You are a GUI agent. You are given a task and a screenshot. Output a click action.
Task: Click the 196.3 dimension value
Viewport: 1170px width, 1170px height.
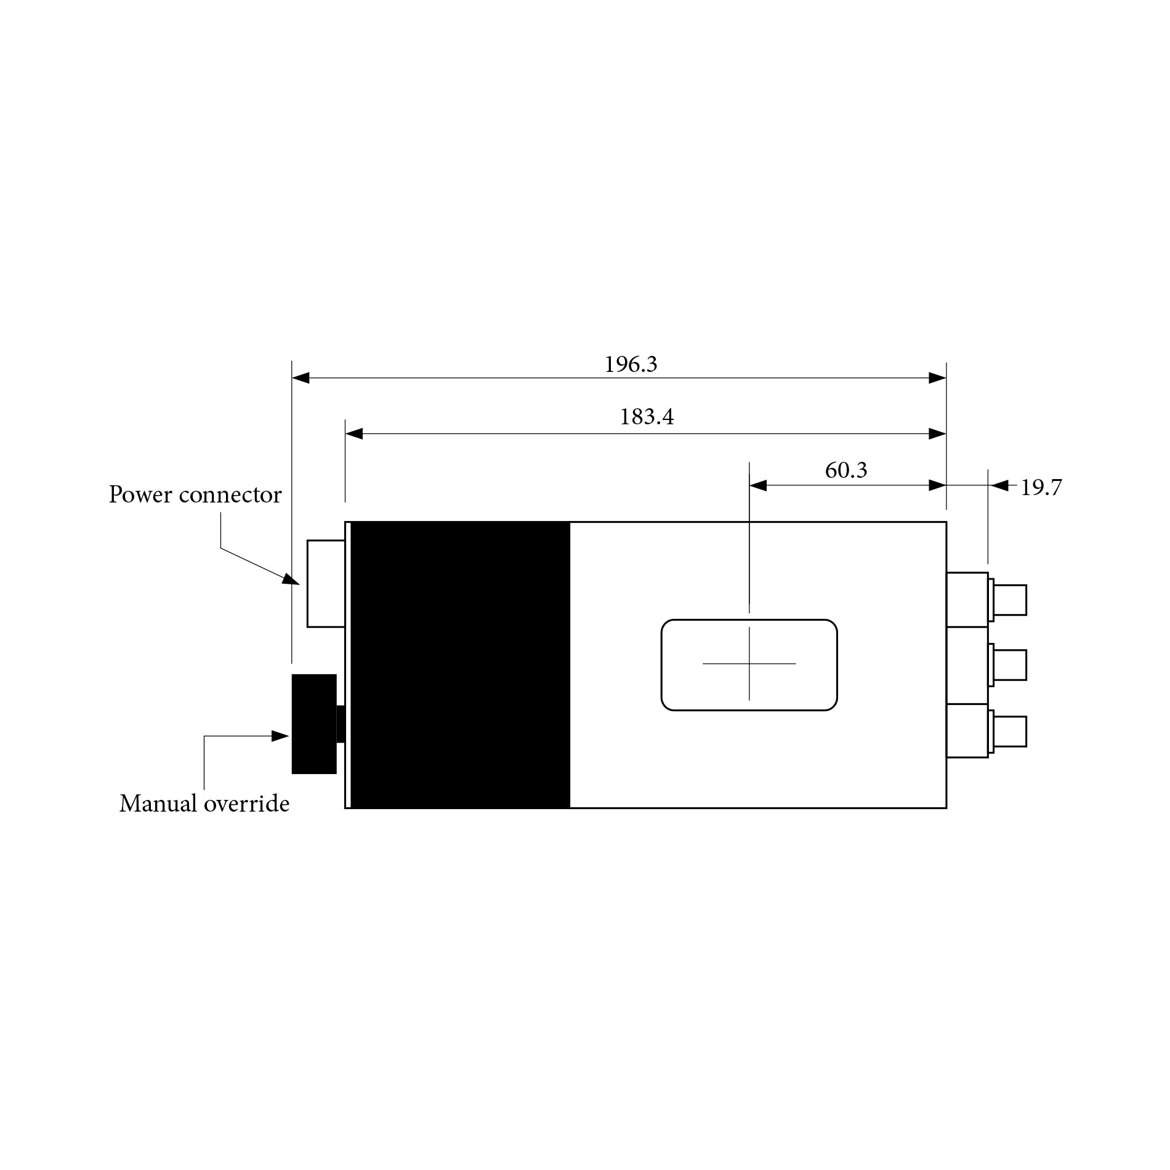(631, 365)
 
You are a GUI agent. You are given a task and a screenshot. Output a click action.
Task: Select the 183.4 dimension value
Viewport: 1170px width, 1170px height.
(646, 418)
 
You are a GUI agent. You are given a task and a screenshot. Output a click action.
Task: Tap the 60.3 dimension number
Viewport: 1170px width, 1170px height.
(845, 470)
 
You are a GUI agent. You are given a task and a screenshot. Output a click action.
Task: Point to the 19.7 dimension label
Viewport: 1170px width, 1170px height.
(1041, 488)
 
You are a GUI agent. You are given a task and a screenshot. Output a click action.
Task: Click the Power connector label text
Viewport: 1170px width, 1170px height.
(195, 494)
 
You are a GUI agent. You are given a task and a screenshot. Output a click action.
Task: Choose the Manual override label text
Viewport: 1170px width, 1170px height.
(204, 804)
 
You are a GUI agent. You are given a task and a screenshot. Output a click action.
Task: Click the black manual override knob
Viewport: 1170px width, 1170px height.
(313, 724)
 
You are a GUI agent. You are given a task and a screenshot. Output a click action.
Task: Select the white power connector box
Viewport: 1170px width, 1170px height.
(326, 584)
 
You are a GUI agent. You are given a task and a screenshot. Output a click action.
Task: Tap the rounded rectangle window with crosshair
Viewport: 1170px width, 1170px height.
(749, 664)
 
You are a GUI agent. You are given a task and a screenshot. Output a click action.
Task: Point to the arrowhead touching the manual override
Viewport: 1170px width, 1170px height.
(281, 736)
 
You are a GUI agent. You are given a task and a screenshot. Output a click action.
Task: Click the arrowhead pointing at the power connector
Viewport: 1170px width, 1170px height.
(291, 579)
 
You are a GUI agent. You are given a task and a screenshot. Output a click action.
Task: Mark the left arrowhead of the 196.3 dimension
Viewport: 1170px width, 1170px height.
(301, 378)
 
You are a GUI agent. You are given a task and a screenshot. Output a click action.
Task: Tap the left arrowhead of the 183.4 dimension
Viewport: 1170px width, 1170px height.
(354, 434)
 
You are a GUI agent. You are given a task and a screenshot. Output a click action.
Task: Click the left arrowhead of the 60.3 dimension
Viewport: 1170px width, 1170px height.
(758, 485)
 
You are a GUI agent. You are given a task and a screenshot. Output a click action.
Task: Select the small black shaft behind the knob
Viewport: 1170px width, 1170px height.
(341, 724)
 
